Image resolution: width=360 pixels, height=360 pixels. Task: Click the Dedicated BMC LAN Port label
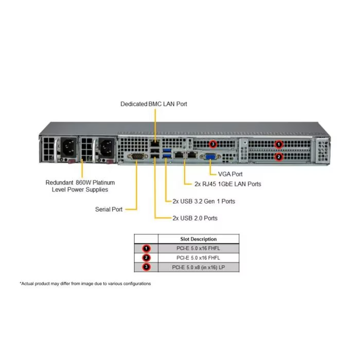154,104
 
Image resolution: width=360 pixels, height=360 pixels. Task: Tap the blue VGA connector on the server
210,157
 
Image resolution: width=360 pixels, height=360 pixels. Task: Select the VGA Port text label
230,174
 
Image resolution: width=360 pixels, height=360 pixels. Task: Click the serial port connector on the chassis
137,156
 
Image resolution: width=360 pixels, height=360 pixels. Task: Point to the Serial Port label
109,209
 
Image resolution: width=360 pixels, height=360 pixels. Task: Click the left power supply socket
68,148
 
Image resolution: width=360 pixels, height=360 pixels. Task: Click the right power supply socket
106,148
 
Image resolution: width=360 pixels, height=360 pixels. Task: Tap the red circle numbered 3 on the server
213,144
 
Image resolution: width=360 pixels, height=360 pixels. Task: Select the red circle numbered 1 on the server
279,145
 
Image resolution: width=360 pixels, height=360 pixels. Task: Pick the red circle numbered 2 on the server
279,157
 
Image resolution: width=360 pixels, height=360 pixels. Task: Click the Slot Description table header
199,239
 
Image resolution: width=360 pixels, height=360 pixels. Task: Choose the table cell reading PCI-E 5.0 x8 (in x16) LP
199,267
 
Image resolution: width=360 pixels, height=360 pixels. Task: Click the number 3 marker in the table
146,267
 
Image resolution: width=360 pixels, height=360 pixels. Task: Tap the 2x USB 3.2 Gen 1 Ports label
204,202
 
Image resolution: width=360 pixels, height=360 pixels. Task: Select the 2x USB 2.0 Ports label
195,218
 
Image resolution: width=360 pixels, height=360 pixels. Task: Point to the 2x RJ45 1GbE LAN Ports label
228,184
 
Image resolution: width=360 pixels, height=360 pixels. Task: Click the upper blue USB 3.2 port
167,151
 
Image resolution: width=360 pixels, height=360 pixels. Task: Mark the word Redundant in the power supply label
59,183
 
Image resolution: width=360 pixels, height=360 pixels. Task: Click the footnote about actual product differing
85,283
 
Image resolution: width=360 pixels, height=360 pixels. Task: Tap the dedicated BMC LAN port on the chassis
155,143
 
